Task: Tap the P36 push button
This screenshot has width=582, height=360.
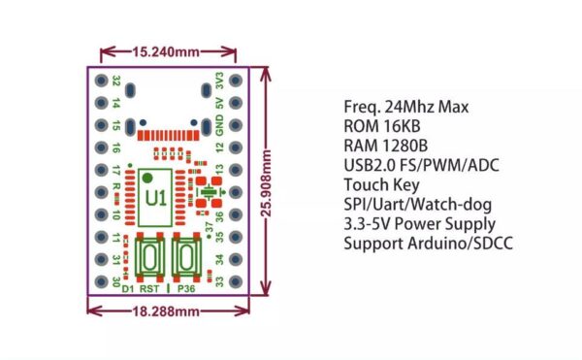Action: (x=184, y=260)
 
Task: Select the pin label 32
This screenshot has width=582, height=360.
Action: (x=116, y=81)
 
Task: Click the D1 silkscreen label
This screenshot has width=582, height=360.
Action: (x=129, y=289)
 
